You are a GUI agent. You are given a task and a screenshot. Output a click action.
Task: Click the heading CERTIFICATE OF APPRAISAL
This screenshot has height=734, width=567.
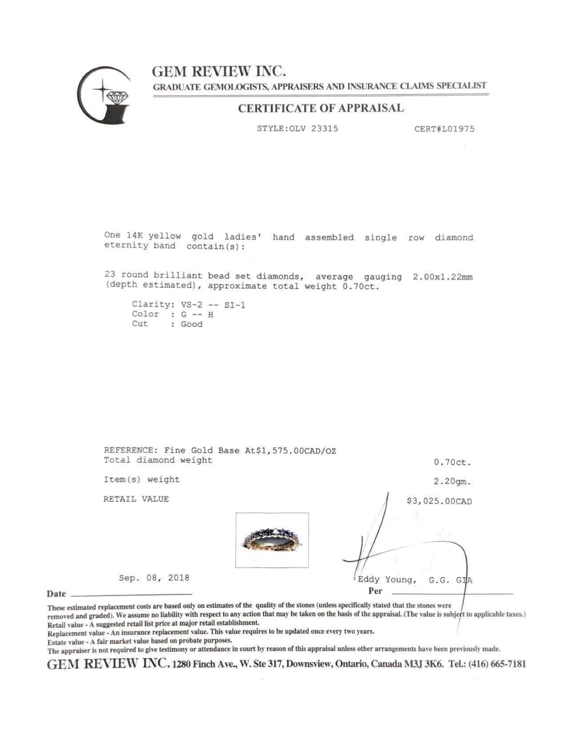[x=321, y=108]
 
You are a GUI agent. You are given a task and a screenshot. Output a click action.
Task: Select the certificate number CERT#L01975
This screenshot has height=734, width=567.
[x=444, y=129]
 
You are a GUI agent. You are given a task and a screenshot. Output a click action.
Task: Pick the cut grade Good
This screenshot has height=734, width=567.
[x=191, y=324]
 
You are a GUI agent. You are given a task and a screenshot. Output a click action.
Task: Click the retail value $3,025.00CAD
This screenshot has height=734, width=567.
[x=439, y=501]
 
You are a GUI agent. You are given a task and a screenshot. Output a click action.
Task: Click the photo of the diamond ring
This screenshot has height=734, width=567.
[x=272, y=540]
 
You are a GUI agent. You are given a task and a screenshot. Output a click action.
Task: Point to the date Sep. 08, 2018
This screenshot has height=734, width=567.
[x=154, y=578]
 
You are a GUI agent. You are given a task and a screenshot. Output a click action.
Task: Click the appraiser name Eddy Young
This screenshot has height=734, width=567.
[x=387, y=580]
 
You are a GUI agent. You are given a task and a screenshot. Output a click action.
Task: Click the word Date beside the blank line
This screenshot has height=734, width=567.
[x=56, y=594]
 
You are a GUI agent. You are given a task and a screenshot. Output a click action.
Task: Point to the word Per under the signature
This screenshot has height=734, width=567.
[x=375, y=591]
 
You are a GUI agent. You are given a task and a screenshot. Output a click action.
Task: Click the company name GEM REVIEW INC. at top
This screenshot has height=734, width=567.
[x=219, y=71]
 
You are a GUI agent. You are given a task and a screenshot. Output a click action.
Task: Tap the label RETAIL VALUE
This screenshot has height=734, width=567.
[x=136, y=499]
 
